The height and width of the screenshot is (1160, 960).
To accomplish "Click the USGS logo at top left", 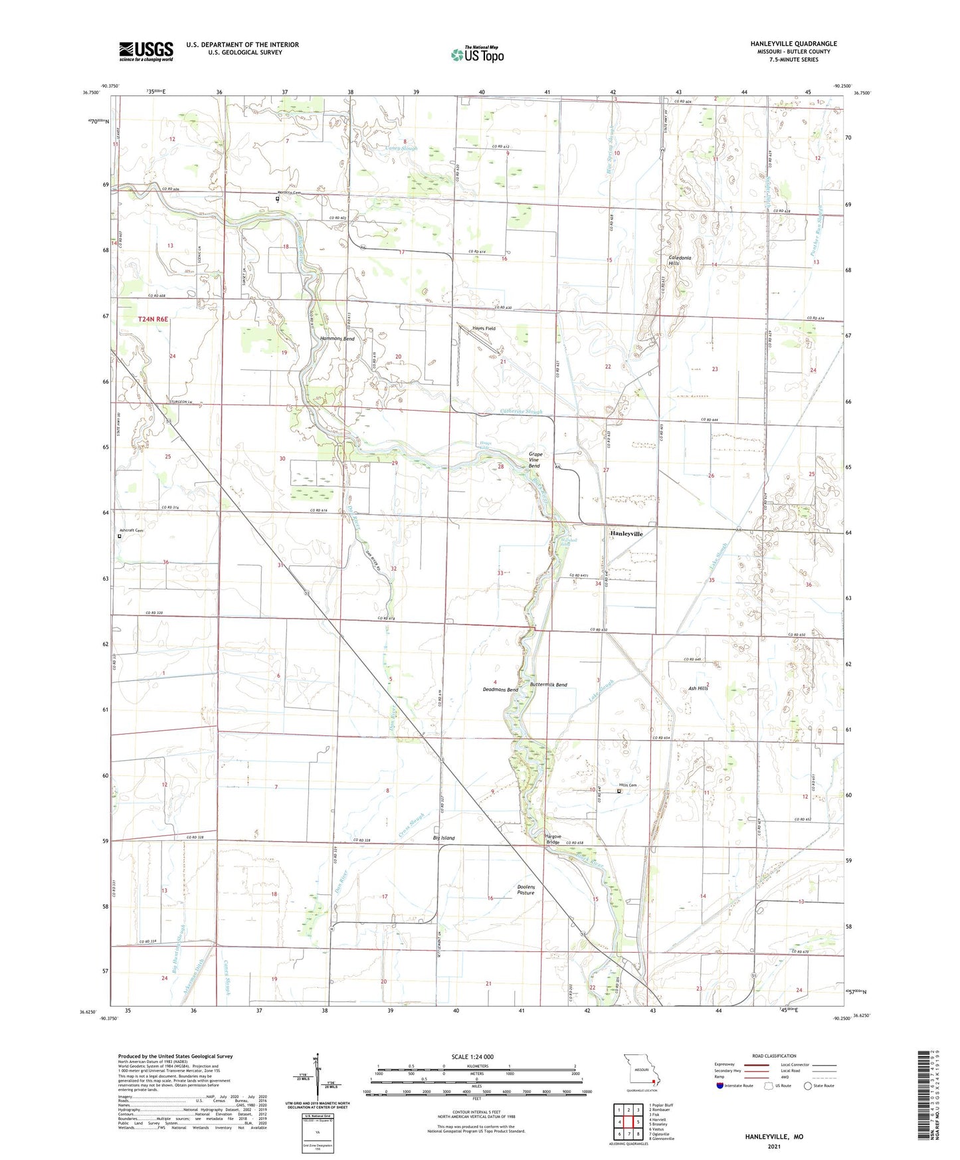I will [x=146, y=50].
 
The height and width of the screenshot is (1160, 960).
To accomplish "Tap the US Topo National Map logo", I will [x=476, y=54].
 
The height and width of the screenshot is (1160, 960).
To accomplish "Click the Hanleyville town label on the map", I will [x=626, y=533].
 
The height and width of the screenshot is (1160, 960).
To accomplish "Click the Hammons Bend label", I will [x=337, y=339].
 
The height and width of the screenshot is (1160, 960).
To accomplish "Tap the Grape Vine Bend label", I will [x=535, y=460].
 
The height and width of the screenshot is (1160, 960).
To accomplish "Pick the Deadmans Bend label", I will [x=500, y=690].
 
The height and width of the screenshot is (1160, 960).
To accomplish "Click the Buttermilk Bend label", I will [x=548, y=684].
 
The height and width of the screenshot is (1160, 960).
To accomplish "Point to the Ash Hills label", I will [x=698, y=688].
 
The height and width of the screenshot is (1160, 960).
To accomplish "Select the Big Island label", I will [x=444, y=838].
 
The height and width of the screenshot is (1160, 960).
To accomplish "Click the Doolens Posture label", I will [x=526, y=890].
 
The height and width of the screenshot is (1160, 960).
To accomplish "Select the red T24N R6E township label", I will [x=153, y=320].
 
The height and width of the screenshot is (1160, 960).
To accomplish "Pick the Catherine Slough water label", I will [x=521, y=412].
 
